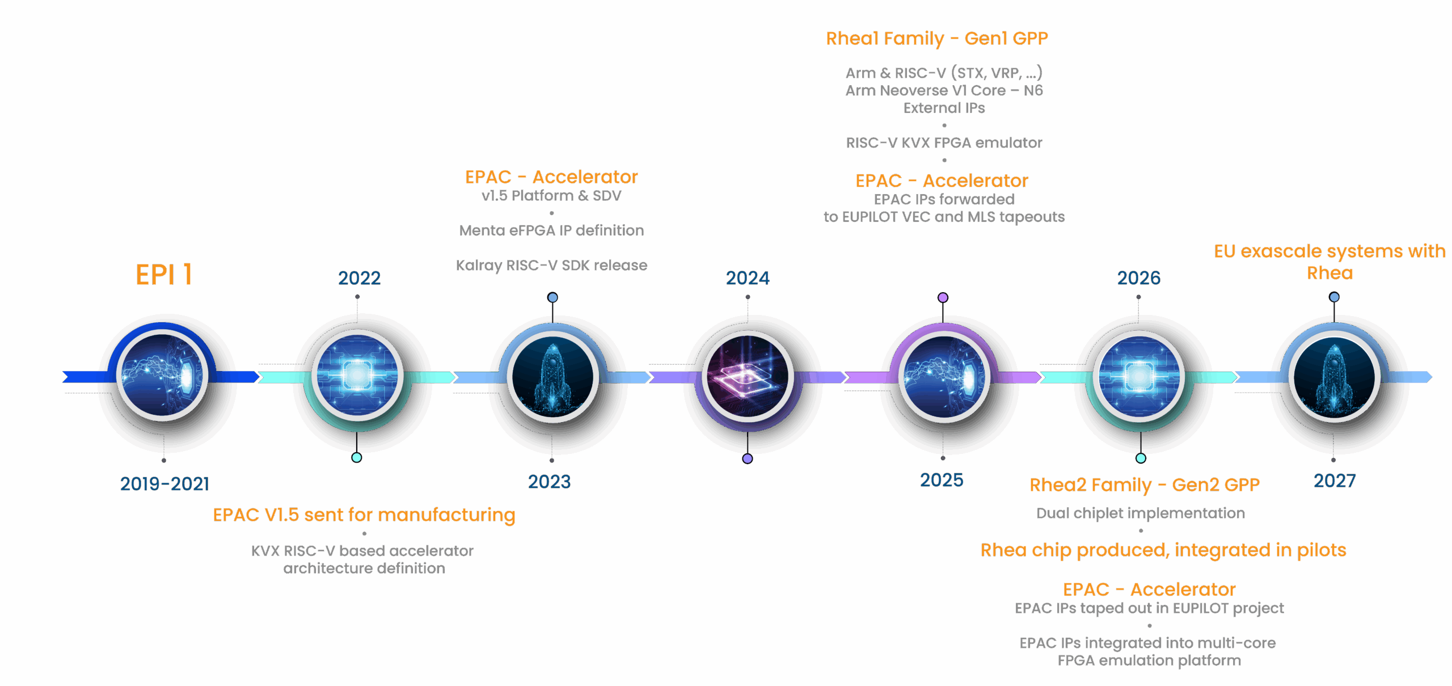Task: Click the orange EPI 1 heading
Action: pos(164,275)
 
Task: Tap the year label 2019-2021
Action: pos(164,483)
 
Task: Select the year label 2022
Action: pos(359,278)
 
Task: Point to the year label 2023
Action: pos(549,482)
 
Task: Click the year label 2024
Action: pos(748,278)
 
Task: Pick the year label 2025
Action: pos(942,481)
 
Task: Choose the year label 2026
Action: pos(1138,278)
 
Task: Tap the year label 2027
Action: pos(1335,481)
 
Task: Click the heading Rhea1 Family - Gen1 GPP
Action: pos(936,39)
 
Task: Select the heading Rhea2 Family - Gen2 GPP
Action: pos(1144,485)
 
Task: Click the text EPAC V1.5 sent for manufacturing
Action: pos(364,515)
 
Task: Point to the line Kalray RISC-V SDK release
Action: pos(551,266)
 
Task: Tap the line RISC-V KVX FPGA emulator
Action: pos(944,143)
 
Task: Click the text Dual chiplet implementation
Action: pos(1141,514)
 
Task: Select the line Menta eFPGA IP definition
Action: pos(551,230)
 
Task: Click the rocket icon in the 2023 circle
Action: pos(552,376)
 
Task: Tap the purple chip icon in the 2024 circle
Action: pos(748,376)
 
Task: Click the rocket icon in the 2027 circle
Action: pos(1334,376)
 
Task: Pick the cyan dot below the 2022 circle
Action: pos(357,457)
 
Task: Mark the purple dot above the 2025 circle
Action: pos(943,297)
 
